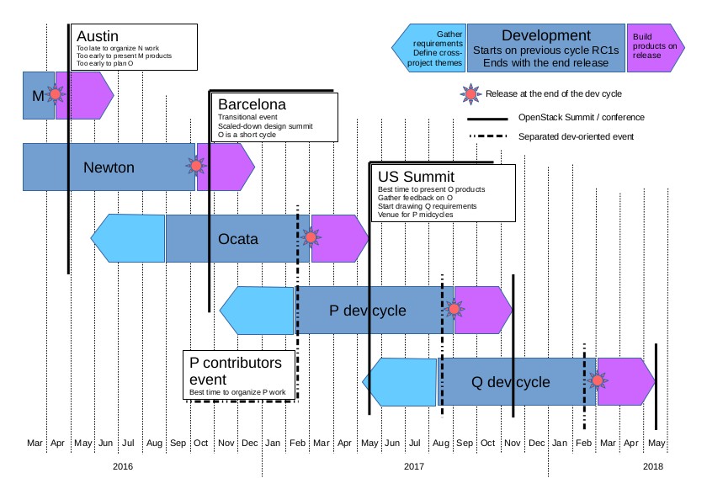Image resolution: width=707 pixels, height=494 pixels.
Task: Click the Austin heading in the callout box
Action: pos(97,36)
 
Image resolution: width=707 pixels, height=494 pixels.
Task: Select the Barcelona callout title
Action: pos(252,104)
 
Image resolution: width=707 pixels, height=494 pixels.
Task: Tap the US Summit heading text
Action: pos(416,177)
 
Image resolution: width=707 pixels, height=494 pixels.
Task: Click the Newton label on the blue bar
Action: pos(109,167)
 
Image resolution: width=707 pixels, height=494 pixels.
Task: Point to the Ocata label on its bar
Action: pos(238,239)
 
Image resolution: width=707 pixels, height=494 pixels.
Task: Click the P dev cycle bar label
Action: pos(367,311)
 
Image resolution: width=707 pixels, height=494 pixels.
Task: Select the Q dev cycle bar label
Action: pos(510,382)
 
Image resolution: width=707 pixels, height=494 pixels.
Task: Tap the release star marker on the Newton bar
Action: pos(196,167)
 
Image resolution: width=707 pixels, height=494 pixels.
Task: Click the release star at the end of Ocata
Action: pos(311,238)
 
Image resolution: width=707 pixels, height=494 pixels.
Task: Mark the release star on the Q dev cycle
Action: pos(598,381)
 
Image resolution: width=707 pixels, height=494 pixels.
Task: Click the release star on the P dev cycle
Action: pos(454,310)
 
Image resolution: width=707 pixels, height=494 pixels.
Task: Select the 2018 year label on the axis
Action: pos(653,465)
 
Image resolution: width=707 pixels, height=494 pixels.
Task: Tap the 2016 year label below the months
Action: pos(123,465)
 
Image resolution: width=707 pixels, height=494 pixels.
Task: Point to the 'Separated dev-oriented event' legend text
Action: pos(576,136)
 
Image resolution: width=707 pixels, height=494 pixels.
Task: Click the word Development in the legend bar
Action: pos(546,35)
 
